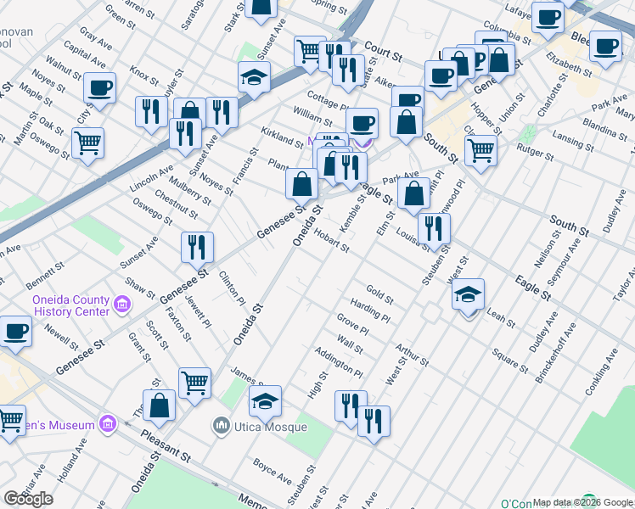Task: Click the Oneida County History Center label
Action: [x=70, y=305]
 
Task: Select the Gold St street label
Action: [x=379, y=296]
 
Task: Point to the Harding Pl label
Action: [x=370, y=311]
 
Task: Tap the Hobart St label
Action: [x=331, y=241]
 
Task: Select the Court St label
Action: [x=384, y=53]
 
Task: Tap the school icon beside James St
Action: [x=265, y=401]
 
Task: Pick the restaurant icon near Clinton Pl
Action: [x=197, y=247]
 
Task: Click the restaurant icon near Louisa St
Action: [x=434, y=228]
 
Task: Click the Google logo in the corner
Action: [x=29, y=499]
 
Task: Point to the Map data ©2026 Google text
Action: [x=582, y=502]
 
